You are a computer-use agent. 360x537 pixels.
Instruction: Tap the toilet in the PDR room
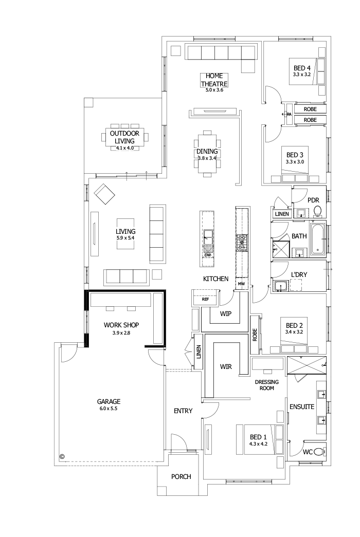click(317, 211)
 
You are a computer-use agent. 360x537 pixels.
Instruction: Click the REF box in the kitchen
click(205, 299)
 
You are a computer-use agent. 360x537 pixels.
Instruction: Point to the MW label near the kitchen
click(241, 284)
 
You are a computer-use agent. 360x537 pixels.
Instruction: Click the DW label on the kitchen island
click(207, 255)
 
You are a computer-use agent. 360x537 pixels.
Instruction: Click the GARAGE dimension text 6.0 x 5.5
click(109, 409)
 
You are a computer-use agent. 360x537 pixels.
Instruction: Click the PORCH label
click(181, 477)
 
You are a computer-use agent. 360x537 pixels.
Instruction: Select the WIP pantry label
click(226, 313)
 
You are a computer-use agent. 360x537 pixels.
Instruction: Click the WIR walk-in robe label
click(226, 367)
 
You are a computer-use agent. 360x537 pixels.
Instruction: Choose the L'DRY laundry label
click(299, 275)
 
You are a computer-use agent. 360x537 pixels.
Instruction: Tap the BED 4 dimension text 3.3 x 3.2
click(302, 75)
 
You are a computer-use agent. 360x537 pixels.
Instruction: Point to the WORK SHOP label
click(121, 325)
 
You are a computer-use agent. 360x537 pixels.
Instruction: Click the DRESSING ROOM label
click(267, 385)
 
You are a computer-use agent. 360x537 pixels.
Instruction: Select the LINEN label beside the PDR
click(282, 214)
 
